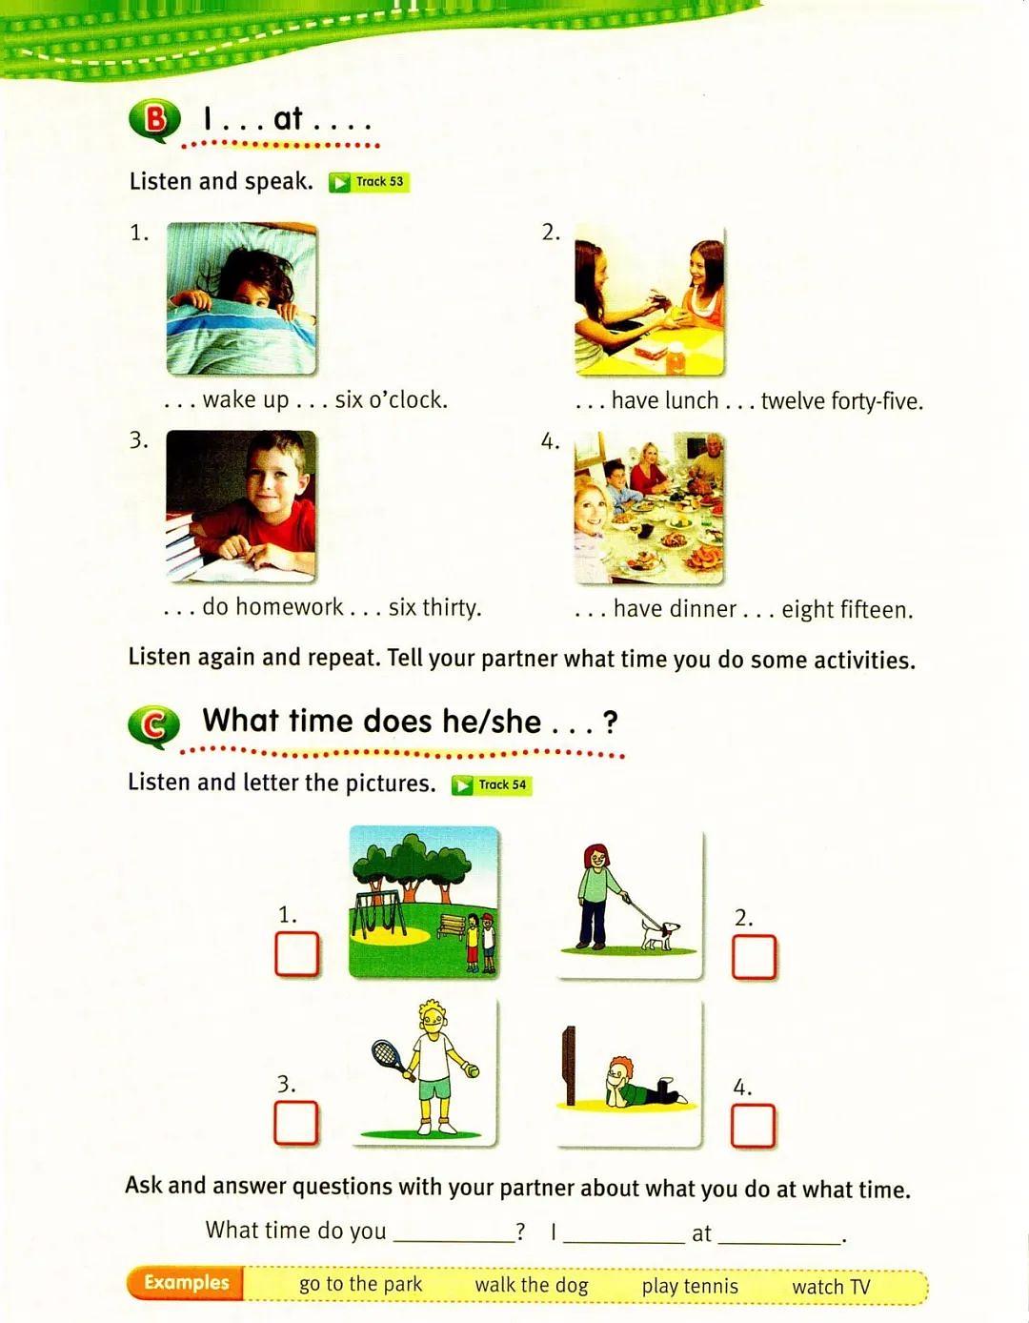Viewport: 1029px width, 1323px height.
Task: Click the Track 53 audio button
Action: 369,182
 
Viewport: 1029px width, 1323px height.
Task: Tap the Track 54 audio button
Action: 492,784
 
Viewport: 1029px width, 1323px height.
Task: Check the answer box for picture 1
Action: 296,953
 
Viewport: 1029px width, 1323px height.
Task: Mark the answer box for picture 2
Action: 754,956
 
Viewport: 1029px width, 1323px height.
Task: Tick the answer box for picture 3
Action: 295,1122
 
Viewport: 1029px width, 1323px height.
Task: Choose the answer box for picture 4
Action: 753,1125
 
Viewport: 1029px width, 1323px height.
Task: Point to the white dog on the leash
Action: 659,934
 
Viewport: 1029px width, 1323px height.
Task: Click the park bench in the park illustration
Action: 452,925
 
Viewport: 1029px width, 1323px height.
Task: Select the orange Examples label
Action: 186,1282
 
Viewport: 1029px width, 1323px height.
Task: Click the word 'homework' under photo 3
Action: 290,607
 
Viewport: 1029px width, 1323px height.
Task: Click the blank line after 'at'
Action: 778,1241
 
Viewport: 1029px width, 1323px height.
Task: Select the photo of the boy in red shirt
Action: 241,506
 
